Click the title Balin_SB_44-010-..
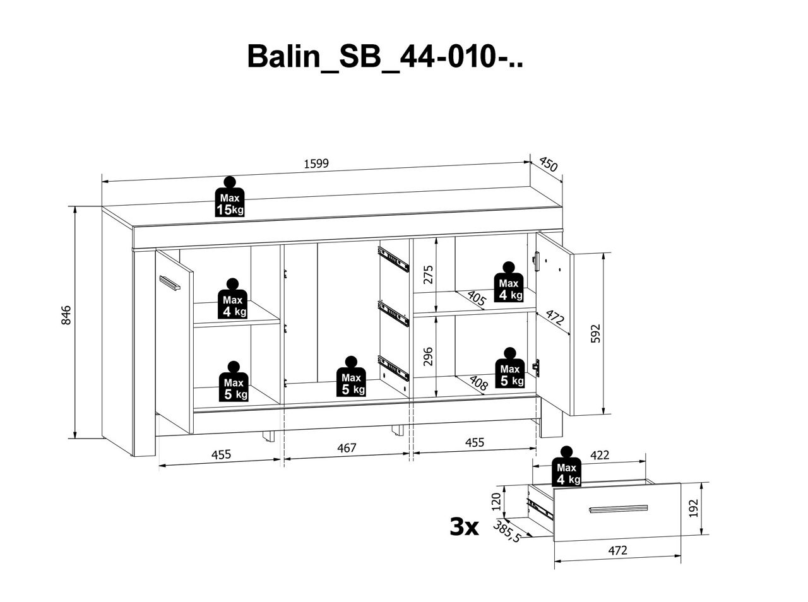point(385,56)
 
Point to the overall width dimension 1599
point(316,163)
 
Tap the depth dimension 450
point(548,165)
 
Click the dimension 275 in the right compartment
point(428,275)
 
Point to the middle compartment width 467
point(347,447)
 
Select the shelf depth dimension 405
point(476,298)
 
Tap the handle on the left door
point(170,283)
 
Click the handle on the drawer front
point(618,509)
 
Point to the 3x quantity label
point(464,526)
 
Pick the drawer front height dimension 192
point(692,508)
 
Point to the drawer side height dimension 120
point(496,502)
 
